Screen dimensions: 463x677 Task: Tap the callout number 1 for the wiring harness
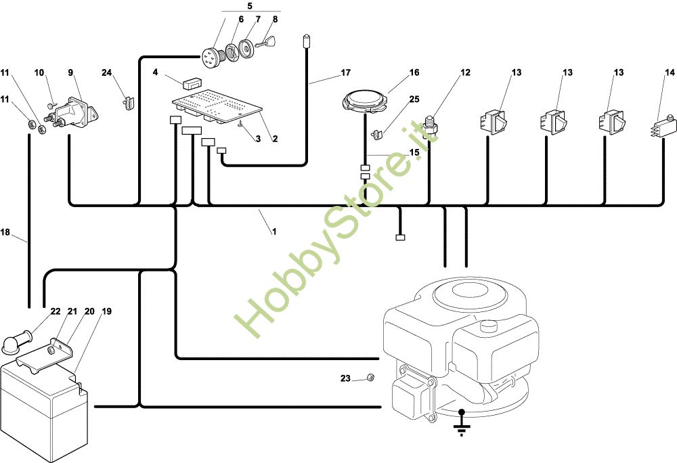pyautogui.click(x=274, y=231)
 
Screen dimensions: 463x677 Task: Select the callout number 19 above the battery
pyautogui.click(x=107, y=311)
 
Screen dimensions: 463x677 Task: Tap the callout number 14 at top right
pyautogui.click(x=670, y=72)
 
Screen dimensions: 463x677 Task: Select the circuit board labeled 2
pyautogui.click(x=217, y=105)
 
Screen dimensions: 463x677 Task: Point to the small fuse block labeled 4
pyautogui.click(x=190, y=83)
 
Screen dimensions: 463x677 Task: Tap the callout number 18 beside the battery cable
pyautogui.click(x=5, y=231)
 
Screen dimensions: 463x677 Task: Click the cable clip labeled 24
pyautogui.click(x=127, y=103)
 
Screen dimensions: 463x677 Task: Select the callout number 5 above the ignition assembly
pyautogui.click(x=231, y=5)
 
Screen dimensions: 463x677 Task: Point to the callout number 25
pyautogui.click(x=414, y=100)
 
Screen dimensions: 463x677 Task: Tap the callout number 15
pyautogui.click(x=414, y=153)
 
